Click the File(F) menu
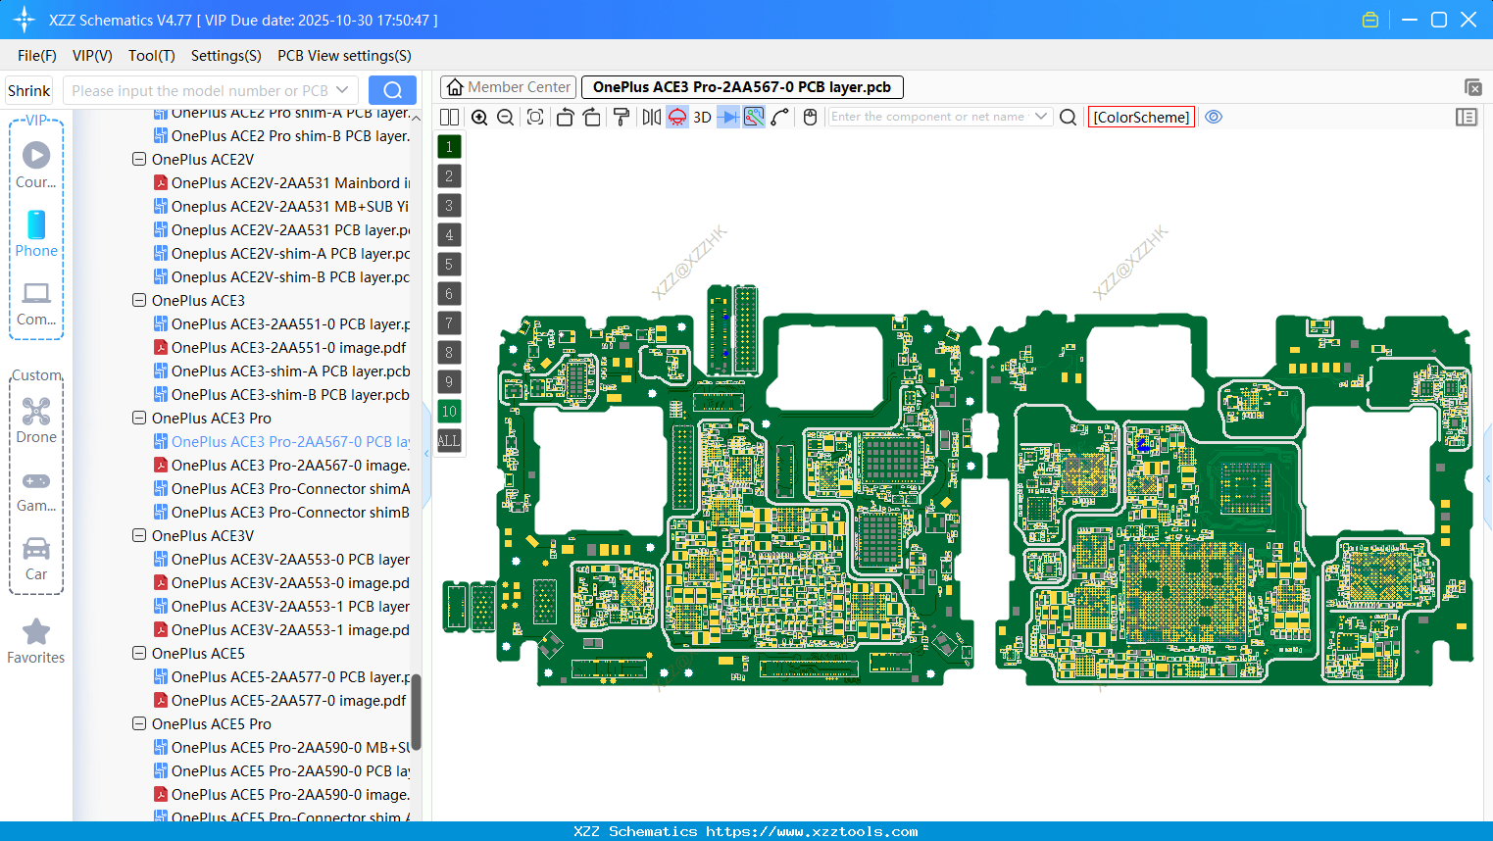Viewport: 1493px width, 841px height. (x=36, y=56)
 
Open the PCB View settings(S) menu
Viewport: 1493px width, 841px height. (x=344, y=56)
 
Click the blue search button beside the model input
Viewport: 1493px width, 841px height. (x=392, y=90)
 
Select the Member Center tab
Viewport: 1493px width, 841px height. (x=508, y=87)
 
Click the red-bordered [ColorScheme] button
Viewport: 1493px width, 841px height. (x=1141, y=118)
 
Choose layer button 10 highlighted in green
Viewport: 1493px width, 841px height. (x=449, y=412)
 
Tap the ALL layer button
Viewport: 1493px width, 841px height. (x=449, y=441)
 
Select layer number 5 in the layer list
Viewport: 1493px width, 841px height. (x=449, y=265)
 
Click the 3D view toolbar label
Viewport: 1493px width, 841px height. (x=702, y=118)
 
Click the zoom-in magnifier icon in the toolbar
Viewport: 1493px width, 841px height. (x=479, y=118)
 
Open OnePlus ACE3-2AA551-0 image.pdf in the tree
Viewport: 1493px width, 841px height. (x=288, y=348)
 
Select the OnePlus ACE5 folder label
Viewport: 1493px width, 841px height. (x=198, y=654)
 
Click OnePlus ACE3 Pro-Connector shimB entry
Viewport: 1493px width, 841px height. (x=290, y=513)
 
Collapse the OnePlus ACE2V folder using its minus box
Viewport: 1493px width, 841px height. (x=139, y=159)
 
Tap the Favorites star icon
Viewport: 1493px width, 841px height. (x=36, y=632)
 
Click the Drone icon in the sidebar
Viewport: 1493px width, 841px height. (x=36, y=412)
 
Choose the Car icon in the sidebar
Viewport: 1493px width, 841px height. (x=36, y=549)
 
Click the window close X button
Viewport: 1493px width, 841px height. (x=1468, y=20)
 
